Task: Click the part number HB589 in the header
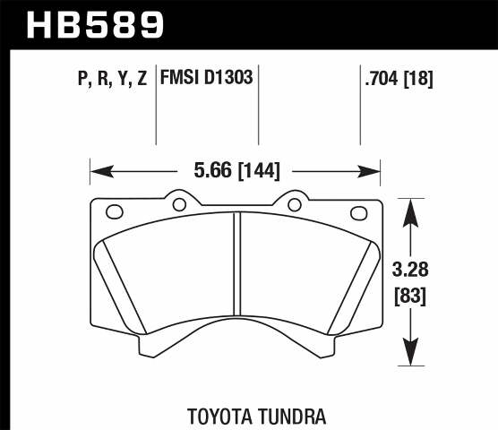pyautogui.click(x=97, y=24)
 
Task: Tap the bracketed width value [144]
pyautogui.click(x=262, y=167)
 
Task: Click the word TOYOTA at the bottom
pyautogui.click(x=222, y=416)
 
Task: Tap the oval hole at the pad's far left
pyautogui.click(x=115, y=212)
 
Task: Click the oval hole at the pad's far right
pyautogui.click(x=359, y=212)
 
